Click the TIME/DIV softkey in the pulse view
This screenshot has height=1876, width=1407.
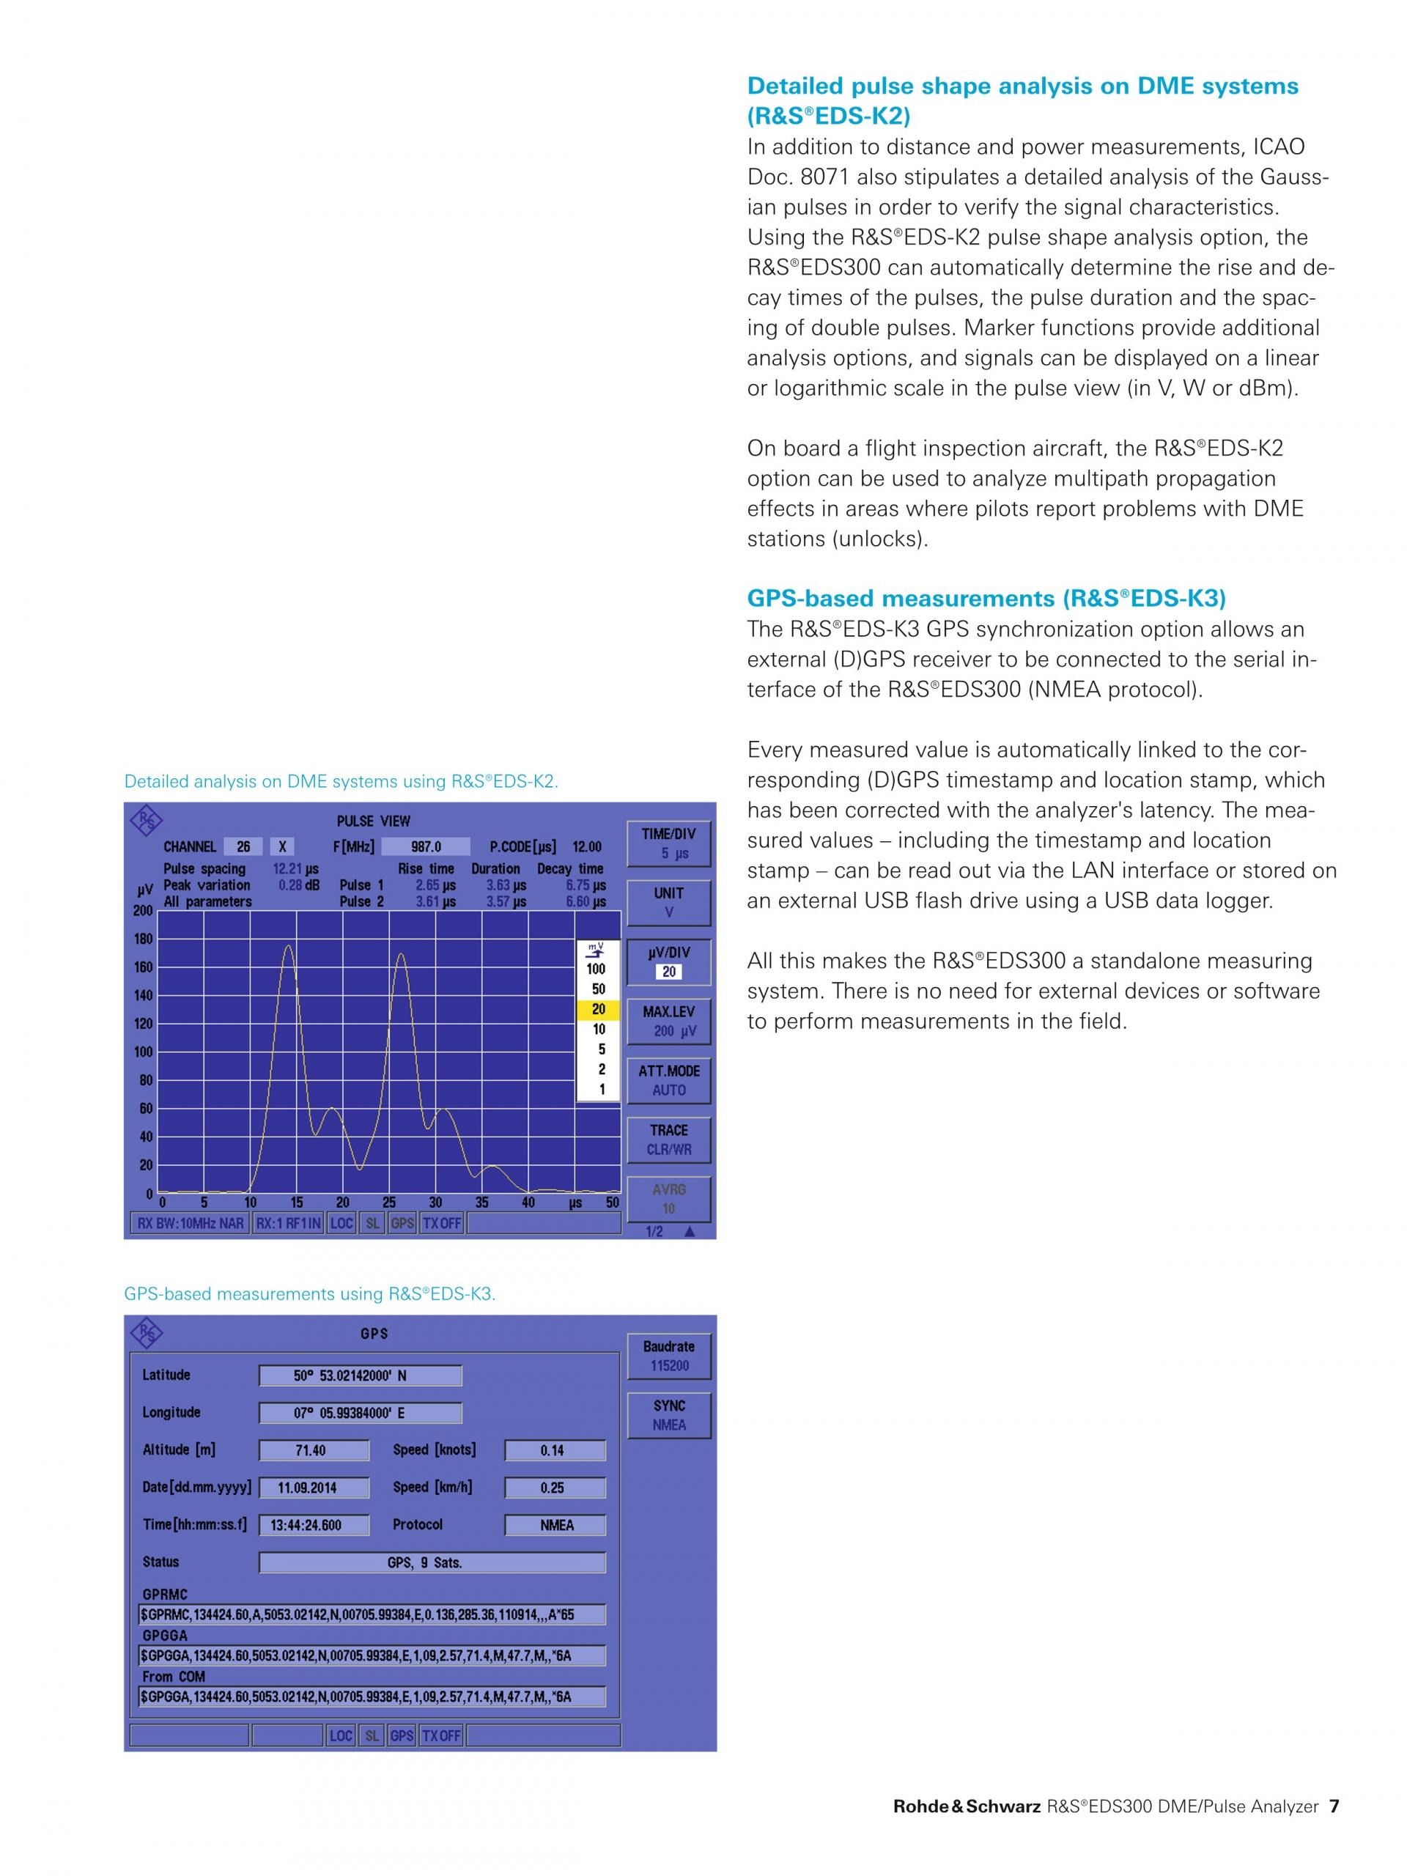(668, 843)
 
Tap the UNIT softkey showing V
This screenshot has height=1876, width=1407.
(668, 902)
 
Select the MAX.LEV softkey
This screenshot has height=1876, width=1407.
(668, 1021)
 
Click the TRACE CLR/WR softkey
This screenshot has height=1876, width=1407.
(668, 1140)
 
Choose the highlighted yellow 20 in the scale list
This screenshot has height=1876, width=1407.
(598, 1009)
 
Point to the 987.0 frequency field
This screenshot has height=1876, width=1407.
(425, 846)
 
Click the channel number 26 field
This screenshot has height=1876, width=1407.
(243, 846)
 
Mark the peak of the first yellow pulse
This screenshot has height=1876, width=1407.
(288, 945)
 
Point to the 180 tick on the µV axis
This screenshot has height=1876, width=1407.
(144, 939)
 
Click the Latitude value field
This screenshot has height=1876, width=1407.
(360, 1375)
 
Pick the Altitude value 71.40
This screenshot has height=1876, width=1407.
(313, 1450)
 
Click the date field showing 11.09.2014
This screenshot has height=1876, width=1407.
(313, 1488)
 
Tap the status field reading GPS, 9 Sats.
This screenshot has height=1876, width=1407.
(432, 1562)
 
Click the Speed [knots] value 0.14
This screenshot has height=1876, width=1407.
(555, 1450)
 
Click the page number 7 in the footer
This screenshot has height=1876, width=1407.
(1334, 1806)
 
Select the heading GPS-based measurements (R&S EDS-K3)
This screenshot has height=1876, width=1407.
(986, 598)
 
